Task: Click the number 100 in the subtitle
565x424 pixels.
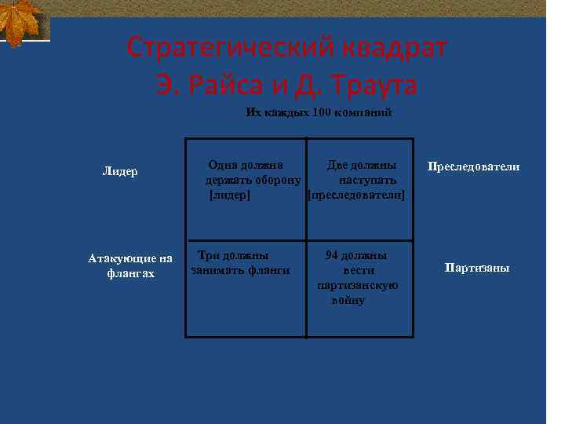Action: pyautogui.click(x=321, y=112)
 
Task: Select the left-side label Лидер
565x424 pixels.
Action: pyautogui.click(x=120, y=170)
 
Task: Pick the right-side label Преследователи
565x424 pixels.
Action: pyautogui.click(x=473, y=166)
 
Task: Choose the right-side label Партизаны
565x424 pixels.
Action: pyautogui.click(x=477, y=268)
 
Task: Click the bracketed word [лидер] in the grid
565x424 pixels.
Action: pyautogui.click(x=229, y=194)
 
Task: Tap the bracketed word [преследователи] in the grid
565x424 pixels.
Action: pyautogui.click(x=357, y=194)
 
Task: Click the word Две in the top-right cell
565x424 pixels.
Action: pyautogui.click(x=337, y=166)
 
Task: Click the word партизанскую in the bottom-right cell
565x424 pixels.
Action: pyautogui.click(x=358, y=284)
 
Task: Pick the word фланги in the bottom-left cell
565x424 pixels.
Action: pyautogui.click(x=270, y=270)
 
